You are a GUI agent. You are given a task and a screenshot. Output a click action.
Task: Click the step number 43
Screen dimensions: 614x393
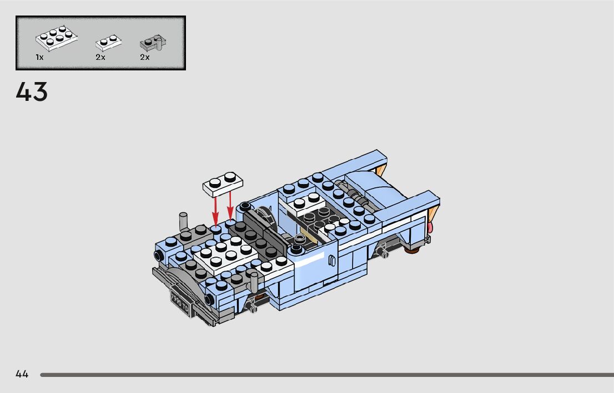(x=32, y=92)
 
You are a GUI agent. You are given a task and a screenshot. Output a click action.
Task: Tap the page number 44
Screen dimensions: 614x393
(x=22, y=374)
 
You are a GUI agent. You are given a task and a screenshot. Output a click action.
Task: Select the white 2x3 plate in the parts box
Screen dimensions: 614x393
(x=57, y=38)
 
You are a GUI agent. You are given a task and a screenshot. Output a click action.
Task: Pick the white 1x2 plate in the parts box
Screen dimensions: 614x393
(x=108, y=43)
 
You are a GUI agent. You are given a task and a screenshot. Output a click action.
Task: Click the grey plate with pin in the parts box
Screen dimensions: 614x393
(x=153, y=43)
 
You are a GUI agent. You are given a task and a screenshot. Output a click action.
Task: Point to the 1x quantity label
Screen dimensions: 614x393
(x=39, y=58)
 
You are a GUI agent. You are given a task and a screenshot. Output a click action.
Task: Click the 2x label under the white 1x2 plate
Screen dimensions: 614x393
(x=100, y=58)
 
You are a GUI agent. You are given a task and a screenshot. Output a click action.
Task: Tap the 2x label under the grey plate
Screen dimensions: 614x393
(x=145, y=58)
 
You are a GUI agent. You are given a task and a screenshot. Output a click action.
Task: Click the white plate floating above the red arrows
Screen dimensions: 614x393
(x=223, y=184)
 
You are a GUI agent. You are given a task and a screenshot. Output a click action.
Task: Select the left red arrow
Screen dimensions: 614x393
(x=215, y=211)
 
